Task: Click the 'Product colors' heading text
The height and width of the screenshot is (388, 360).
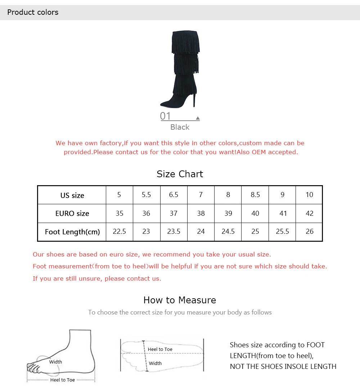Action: [33, 12]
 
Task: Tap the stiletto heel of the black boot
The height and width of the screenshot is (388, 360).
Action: [194, 99]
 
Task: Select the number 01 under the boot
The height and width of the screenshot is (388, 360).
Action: [165, 116]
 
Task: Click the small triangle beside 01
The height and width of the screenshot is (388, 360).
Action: [198, 118]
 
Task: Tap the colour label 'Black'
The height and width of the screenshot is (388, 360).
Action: [180, 127]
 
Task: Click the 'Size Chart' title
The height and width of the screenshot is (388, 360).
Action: [180, 174]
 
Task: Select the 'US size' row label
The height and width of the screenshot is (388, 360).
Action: [72, 195]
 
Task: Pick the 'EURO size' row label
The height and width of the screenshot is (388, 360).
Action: [72, 213]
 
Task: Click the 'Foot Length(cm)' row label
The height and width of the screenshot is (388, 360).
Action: [72, 232]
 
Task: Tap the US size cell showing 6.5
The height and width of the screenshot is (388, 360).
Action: [174, 195]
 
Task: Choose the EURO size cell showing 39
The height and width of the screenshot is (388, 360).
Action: [228, 213]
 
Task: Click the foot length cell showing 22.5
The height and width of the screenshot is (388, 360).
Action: [120, 231]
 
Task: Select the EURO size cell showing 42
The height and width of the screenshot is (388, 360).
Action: [310, 213]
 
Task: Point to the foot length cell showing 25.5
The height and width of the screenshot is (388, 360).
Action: [282, 231]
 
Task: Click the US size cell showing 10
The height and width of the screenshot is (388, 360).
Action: [309, 195]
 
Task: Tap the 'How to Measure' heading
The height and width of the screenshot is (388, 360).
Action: [180, 300]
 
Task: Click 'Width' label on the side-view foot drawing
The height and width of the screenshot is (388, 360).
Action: [55, 362]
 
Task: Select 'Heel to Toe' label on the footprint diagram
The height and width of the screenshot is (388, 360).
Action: [160, 349]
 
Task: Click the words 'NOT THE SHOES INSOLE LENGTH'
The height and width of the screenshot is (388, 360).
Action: [283, 366]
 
